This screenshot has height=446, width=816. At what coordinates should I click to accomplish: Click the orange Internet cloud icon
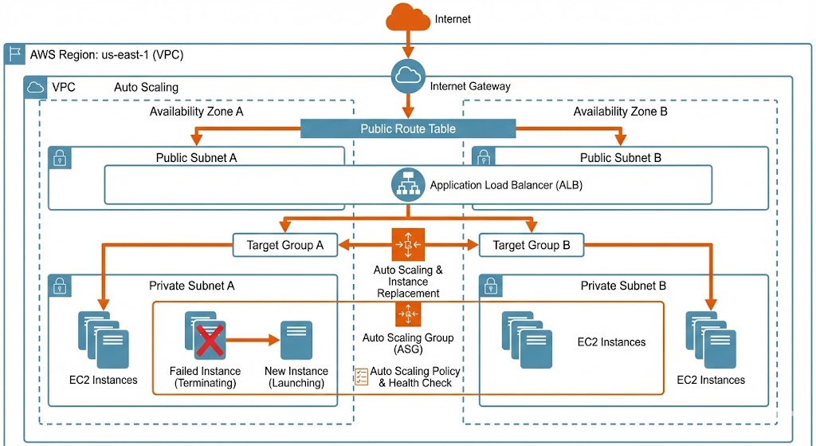point(407,18)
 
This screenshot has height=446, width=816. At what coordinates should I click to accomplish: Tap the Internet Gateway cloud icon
point(407,77)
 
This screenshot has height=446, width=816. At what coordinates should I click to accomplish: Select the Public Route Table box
point(408,128)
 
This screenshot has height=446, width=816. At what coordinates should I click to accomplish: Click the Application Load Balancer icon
point(407,185)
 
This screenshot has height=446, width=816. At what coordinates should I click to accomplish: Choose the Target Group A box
point(285,246)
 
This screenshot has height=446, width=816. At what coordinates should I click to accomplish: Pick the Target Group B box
point(532,246)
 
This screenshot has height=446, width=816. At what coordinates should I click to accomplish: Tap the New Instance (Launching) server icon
point(296,341)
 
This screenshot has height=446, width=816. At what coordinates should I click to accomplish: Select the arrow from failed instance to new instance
point(253,339)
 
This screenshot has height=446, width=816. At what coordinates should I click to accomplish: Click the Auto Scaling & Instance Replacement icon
point(407,243)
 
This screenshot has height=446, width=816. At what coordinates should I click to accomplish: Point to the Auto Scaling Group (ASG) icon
point(407,314)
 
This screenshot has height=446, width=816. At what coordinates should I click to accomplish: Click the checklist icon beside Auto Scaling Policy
point(361,377)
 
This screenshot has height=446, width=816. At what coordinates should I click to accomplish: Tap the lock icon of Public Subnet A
point(61,158)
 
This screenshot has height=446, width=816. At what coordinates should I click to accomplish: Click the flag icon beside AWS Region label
point(14,54)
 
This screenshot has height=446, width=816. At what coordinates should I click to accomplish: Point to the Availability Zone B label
point(620,112)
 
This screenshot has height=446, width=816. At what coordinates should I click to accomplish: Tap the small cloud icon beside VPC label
point(36,87)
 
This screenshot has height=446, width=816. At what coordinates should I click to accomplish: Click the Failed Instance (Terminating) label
point(205,377)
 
